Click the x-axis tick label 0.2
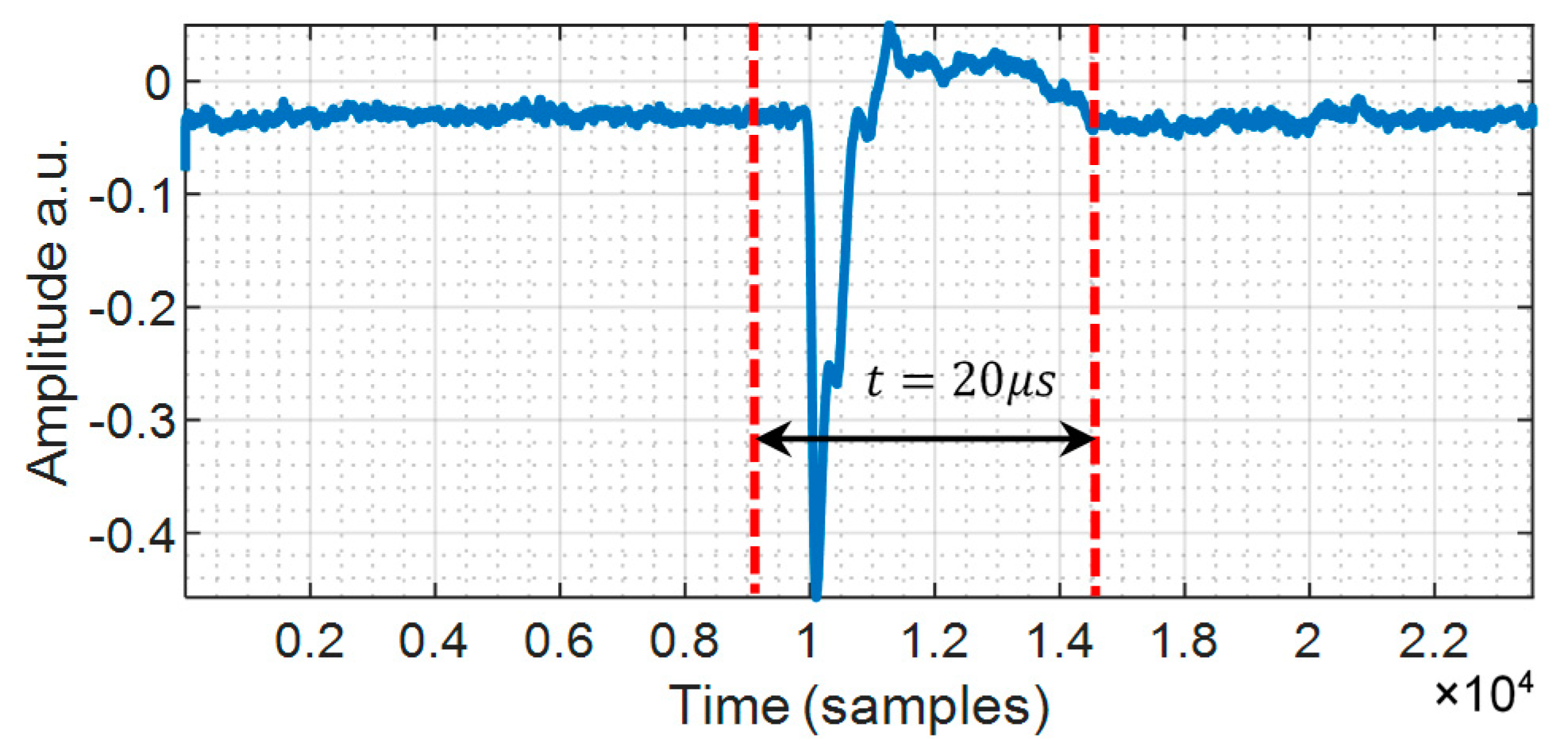[309, 640]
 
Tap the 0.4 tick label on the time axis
[433, 640]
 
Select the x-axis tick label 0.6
[559, 640]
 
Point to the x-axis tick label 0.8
[684, 640]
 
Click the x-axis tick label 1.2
[934, 640]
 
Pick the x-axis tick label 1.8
[1184, 640]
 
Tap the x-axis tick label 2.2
[1434, 640]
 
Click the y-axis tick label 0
[157, 82]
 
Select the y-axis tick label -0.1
[131, 194]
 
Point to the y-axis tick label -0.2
[131, 307]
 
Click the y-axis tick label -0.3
[131, 420]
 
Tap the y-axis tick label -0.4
[131, 533]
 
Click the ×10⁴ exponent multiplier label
[1483, 693]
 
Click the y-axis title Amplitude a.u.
[48, 311]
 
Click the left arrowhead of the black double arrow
[769, 438]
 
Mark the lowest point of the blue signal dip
[815, 594]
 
